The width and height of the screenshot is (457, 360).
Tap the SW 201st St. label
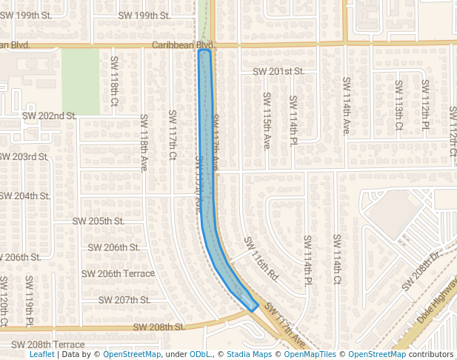tap(278, 72)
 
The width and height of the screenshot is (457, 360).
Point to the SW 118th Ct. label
tap(115, 79)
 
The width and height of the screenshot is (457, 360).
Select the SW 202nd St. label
tap(50, 116)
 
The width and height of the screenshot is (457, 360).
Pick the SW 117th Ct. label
tap(173, 134)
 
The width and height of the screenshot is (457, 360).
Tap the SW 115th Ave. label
tap(267, 121)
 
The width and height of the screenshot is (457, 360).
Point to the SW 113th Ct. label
tap(398, 104)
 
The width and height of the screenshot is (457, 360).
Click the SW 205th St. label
tap(98, 221)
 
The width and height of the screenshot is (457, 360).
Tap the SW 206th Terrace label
tap(119, 273)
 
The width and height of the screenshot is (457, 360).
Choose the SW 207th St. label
tap(124, 300)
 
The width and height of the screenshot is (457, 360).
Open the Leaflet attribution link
tap(42, 355)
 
